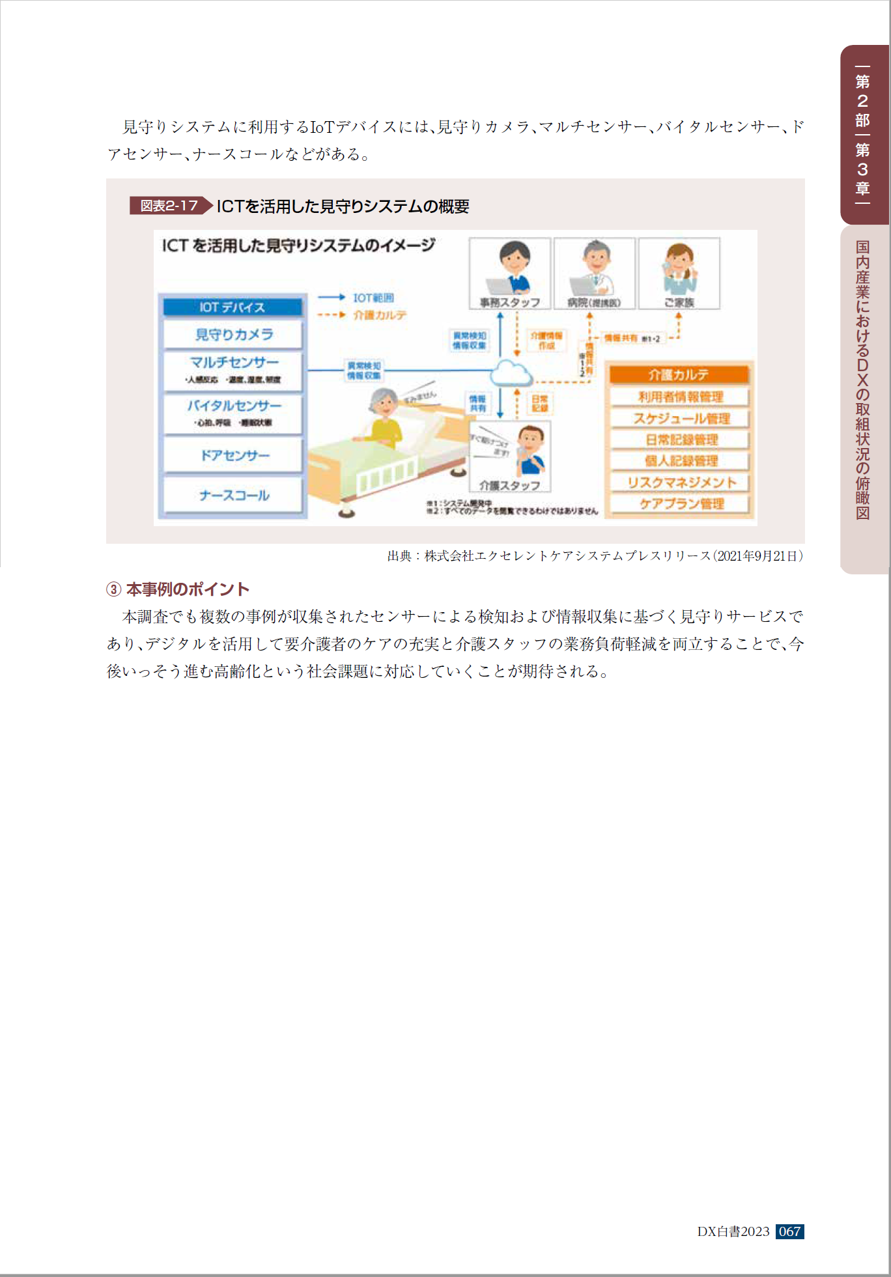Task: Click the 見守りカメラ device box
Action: pos(233,335)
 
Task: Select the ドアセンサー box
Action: pos(233,455)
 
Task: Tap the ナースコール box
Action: pos(233,496)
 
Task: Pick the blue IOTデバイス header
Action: pos(233,307)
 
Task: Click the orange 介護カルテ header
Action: pos(679,374)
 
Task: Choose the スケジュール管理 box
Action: pos(681,418)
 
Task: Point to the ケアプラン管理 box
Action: pos(681,504)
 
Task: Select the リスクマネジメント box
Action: pos(681,483)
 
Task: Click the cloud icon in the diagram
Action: pos(511,373)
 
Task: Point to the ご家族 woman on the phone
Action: pos(679,268)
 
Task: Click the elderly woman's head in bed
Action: pos(384,404)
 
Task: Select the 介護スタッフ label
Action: pos(510,486)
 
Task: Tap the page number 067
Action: pos(789,1231)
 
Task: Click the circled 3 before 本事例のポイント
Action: pos(114,589)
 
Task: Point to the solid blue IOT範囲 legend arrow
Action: pos(331,298)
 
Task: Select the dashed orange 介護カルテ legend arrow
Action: pos(331,315)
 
